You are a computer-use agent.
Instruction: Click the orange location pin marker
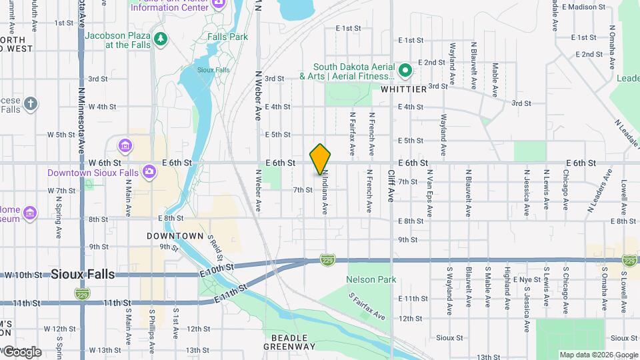(320, 159)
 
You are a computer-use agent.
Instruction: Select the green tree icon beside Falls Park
(160, 39)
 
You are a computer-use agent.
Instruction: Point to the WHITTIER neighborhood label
(403, 89)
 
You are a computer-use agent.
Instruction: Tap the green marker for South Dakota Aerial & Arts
(405, 70)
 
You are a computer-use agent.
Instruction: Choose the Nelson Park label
(371, 279)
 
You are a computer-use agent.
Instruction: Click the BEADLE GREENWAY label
(289, 341)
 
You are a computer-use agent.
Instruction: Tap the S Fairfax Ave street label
(367, 305)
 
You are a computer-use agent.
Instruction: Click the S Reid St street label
(214, 246)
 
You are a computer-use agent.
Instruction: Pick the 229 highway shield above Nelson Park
(327, 259)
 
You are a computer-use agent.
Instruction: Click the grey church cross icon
(30, 104)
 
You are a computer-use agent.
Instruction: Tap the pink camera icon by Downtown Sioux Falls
(149, 172)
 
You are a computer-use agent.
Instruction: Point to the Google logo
(21, 351)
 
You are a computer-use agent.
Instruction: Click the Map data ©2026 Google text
(598, 355)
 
